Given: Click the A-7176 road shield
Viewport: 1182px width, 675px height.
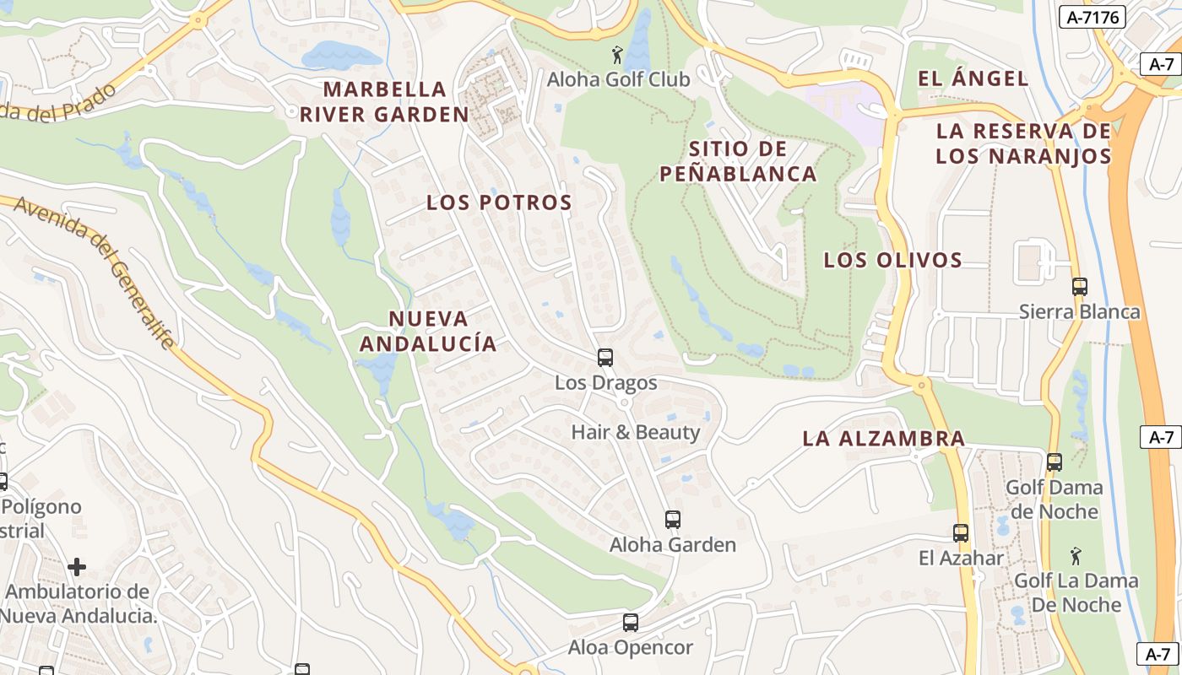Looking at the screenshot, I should (x=1092, y=17).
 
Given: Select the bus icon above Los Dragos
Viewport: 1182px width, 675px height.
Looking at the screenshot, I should (x=605, y=358).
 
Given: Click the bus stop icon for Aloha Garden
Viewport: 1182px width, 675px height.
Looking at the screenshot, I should (x=673, y=520).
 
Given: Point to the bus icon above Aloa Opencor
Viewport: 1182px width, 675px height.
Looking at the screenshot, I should (x=631, y=623).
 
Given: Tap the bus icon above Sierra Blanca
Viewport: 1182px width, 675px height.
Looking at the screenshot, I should (x=1080, y=287).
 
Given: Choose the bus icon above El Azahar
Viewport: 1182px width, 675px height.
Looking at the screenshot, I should (x=961, y=533).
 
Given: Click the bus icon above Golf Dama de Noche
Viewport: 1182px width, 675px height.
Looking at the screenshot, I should (x=1055, y=462).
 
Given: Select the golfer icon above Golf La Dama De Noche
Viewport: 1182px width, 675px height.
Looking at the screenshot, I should (x=1076, y=557).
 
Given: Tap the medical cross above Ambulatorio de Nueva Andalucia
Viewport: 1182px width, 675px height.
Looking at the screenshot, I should (x=77, y=566).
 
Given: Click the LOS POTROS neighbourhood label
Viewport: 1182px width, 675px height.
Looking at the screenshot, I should (x=499, y=202).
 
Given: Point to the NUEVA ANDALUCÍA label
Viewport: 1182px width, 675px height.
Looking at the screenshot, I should (x=428, y=331).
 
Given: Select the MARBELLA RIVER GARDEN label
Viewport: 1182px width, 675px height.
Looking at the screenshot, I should (x=384, y=101).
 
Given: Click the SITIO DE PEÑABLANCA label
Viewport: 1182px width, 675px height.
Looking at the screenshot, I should (x=738, y=161).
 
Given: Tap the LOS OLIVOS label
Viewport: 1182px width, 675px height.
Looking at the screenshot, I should (x=893, y=260).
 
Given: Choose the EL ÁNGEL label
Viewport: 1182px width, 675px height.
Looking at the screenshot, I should (x=973, y=79).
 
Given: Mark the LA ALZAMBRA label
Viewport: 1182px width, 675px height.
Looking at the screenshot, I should (x=883, y=439).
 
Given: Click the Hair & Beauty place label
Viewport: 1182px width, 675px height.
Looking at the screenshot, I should (x=636, y=432).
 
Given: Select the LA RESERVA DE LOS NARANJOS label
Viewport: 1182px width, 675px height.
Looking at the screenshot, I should (x=1023, y=143).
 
